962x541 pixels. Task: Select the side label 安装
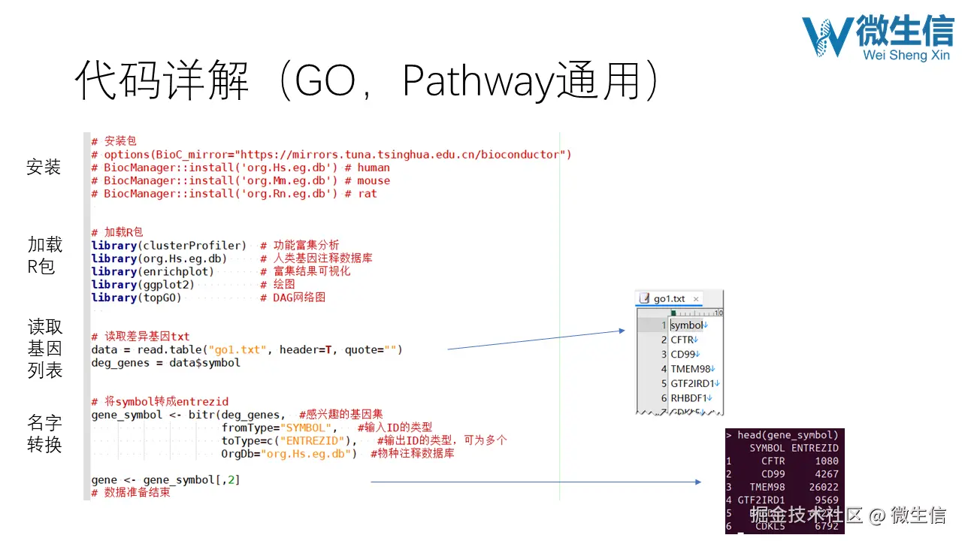click(44, 167)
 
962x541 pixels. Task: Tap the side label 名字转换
click(44, 434)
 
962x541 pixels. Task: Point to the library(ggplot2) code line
click(143, 285)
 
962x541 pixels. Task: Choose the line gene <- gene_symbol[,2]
click(165, 480)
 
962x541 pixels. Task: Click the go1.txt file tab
click(669, 298)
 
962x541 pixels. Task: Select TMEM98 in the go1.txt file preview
click(690, 369)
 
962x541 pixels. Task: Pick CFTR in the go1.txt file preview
click(682, 340)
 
